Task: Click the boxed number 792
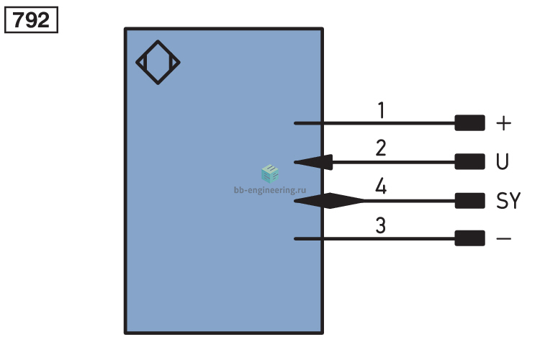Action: point(31,20)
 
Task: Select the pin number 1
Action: point(381,110)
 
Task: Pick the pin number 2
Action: point(381,148)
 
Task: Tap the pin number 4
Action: point(381,186)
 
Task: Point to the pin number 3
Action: point(381,225)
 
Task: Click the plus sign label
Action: point(503,123)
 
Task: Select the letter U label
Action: point(503,161)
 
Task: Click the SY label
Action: point(508,200)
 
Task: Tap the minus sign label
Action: point(503,238)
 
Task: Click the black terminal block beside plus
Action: point(469,123)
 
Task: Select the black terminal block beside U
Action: point(469,161)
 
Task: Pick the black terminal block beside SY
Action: point(469,200)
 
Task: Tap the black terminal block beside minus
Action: point(469,238)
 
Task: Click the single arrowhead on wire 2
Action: point(313,162)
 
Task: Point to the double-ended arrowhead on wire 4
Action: point(330,200)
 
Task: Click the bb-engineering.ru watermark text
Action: point(270,190)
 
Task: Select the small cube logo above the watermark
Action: point(270,174)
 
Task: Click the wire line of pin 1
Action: point(374,123)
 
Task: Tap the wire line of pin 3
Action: point(374,238)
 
